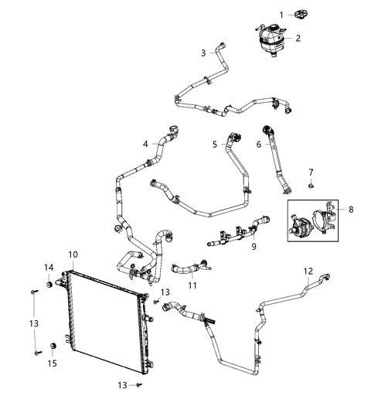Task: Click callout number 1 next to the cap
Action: coord(281,14)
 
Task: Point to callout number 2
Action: coord(298,36)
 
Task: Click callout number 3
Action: coord(203,53)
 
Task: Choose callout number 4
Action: coord(145,144)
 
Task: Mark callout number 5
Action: coord(215,144)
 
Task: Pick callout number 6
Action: coord(259,144)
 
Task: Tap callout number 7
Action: coord(311,171)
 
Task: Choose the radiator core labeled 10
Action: coord(104,317)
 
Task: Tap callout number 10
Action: coord(72,254)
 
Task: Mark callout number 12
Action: coord(308,271)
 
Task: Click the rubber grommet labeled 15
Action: coord(53,344)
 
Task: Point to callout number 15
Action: coord(52,363)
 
